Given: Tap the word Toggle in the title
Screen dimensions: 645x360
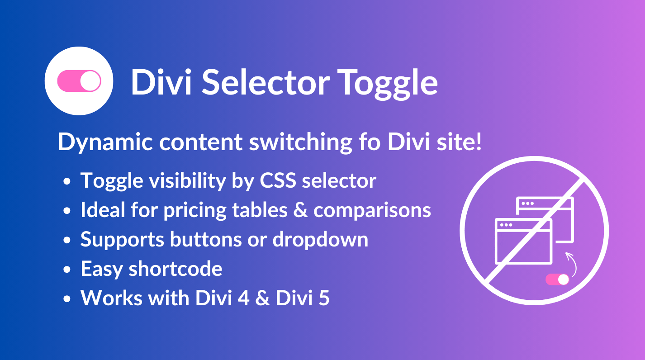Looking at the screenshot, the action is pyautogui.click(x=388, y=84).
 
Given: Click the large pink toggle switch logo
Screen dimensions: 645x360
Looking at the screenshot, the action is pyautogui.click(x=79, y=81).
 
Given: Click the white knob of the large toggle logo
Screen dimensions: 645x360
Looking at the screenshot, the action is pyautogui.click(x=90, y=81).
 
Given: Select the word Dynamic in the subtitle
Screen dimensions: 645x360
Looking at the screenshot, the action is pyautogui.click(x=105, y=142).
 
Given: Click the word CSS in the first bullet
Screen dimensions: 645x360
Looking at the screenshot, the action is pyautogui.click(x=278, y=180).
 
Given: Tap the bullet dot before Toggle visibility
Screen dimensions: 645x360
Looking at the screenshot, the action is pyautogui.click(x=67, y=181).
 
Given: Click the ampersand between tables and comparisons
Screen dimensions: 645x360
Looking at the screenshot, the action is pyautogui.click(x=300, y=210).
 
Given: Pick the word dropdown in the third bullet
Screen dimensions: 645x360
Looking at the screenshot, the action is pyautogui.click(x=320, y=240).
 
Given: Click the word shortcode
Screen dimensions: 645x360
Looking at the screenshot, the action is pyautogui.click(x=175, y=269).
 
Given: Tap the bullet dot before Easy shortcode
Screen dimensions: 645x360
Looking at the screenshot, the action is pyautogui.click(x=67, y=269).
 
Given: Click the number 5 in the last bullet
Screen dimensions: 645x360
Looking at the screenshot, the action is pyautogui.click(x=324, y=298).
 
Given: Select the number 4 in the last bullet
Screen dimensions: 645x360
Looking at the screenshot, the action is pyautogui.click(x=244, y=298).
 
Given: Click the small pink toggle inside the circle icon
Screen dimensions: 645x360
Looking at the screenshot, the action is pyautogui.click(x=557, y=279).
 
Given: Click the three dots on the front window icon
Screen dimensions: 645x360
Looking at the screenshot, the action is pyautogui.click(x=506, y=225).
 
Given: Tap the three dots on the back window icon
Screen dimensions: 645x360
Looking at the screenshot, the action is pyautogui.click(x=528, y=204).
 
